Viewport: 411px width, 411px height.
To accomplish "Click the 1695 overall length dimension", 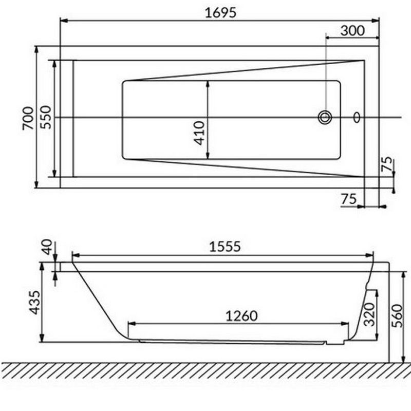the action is [220, 12].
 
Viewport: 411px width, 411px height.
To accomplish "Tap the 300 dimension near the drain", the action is [352, 30].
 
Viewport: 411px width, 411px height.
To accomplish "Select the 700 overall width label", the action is [28, 118].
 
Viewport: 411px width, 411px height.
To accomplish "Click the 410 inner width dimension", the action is [199, 133].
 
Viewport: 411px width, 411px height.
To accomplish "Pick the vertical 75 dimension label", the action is [387, 164].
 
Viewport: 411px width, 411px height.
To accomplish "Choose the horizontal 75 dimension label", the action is [349, 199].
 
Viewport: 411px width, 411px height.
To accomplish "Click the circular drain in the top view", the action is [325, 117].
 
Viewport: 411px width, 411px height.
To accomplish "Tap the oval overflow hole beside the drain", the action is [357, 117].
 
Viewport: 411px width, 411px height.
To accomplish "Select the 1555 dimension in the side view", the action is [225, 247].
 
